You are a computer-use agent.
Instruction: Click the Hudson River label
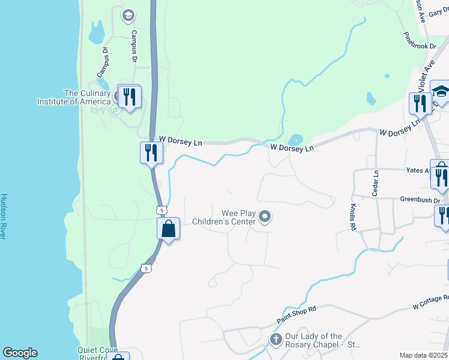coord(4,217)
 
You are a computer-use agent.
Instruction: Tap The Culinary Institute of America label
coord(88,97)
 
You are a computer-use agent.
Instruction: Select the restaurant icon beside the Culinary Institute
coord(129,97)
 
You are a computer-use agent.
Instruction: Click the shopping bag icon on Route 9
coord(169,229)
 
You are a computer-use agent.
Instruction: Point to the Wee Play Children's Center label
coord(223,217)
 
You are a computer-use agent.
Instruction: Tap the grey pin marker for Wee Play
coord(265,217)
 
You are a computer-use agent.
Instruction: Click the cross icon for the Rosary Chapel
coord(276,340)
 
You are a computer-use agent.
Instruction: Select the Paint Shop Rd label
coord(296,313)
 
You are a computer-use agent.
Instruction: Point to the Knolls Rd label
coord(353,218)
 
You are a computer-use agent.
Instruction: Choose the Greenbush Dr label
coord(421,200)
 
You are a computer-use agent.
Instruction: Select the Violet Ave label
coord(426,76)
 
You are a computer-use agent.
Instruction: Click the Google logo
coord(20,353)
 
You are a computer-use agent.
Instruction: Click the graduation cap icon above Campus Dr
coord(127,15)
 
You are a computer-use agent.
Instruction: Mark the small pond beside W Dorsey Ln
coord(295,139)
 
